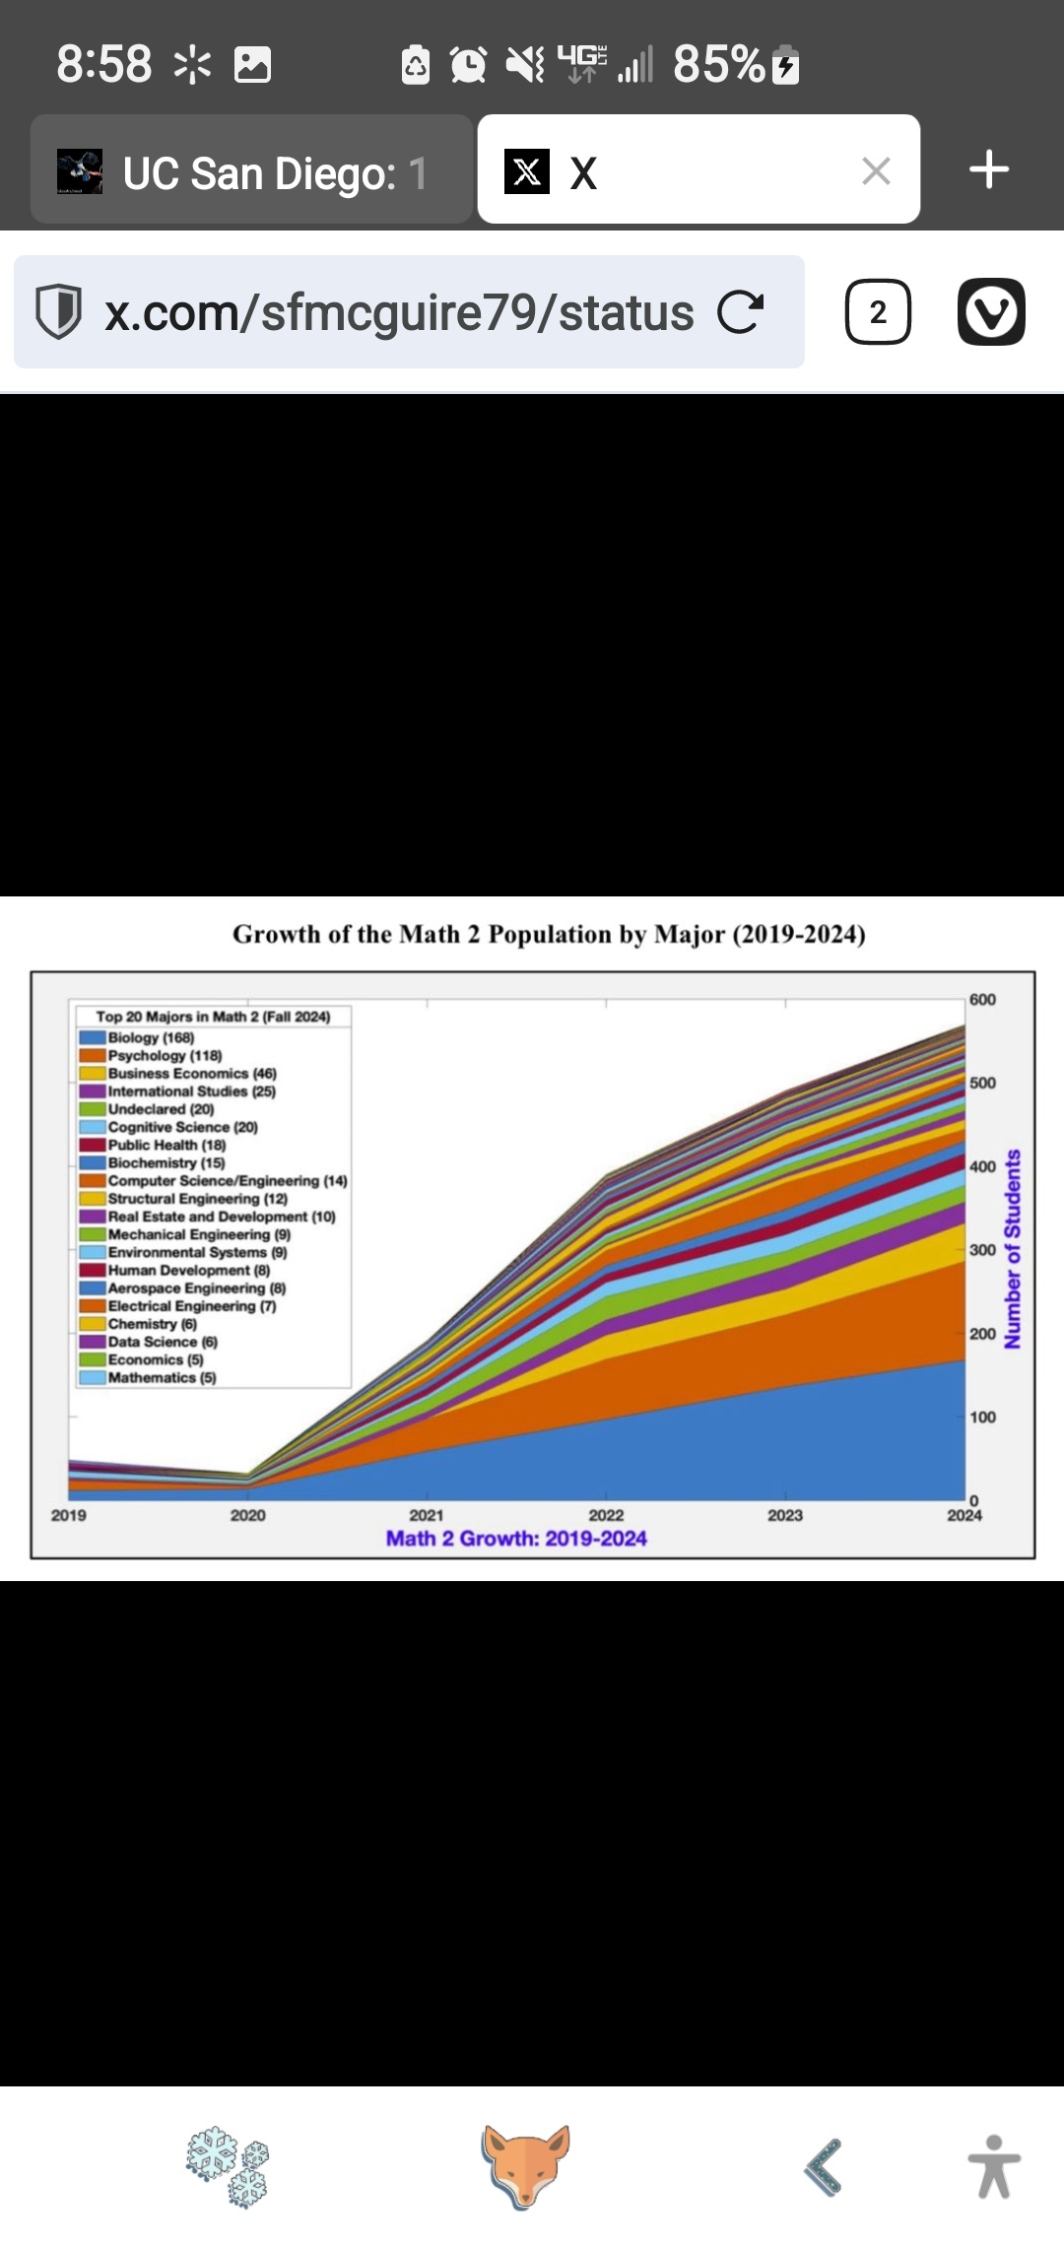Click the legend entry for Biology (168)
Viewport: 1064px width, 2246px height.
pyautogui.click(x=150, y=1037)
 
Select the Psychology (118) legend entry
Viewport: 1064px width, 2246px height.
pyautogui.click(x=164, y=1055)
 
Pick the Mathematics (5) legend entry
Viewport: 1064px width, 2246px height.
pyautogui.click(x=161, y=1377)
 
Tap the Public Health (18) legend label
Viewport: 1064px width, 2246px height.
pyautogui.click(x=166, y=1145)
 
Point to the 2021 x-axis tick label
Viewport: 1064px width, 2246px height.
pyautogui.click(x=427, y=1515)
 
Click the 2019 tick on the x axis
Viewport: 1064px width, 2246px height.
pyautogui.click(x=69, y=1515)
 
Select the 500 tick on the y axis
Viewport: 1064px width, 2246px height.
pyautogui.click(x=982, y=1083)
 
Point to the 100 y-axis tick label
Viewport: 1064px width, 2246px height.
pyautogui.click(x=982, y=1417)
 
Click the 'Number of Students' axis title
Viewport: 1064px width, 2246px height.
pyautogui.click(x=1012, y=1249)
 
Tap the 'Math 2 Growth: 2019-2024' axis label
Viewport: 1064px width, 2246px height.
pyautogui.click(x=516, y=1539)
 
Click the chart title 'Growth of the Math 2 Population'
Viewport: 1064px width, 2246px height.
pyautogui.click(x=549, y=934)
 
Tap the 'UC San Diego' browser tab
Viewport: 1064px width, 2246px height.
pyautogui.click(x=251, y=171)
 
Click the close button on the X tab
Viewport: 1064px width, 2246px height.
pyautogui.click(x=876, y=171)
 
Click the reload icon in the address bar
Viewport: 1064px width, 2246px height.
pyautogui.click(x=740, y=312)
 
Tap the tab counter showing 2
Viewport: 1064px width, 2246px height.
pyautogui.click(x=878, y=312)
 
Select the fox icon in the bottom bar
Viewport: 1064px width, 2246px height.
pyautogui.click(x=526, y=2166)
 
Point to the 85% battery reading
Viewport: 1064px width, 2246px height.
pyautogui.click(x=719, y=65)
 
